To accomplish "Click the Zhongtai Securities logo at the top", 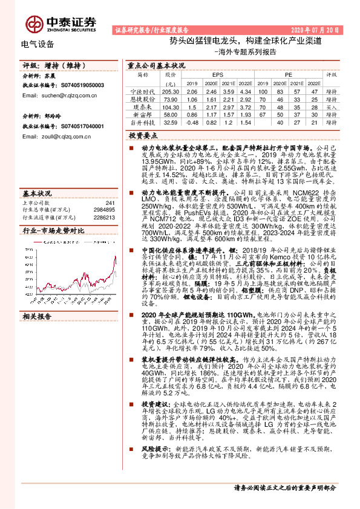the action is [x=61, y=22].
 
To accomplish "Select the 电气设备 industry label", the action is [x=38, y=44].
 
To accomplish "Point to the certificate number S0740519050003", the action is [x=76, y=86].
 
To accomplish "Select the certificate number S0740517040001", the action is [x=76, y=127].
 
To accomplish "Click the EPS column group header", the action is [x=217, y=75].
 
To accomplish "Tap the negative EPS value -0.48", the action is [x=192, y=122].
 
